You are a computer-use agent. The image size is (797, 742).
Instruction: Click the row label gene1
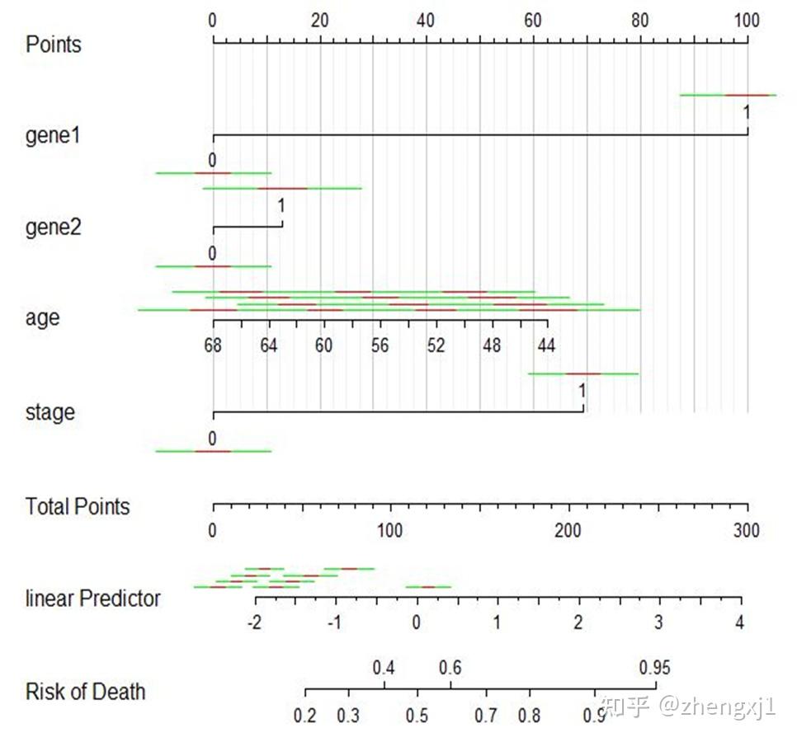pyautogui.click(x=54, y=135)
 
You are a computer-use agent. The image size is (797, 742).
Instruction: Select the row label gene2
pyautogui.click(x=54, y=227)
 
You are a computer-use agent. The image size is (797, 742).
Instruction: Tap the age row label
pyautogui.click(x=43, y=317)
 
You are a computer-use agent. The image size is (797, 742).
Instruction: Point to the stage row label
pyautogui.click(x=50, y=412)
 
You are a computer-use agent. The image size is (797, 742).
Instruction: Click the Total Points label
pyautogui.click(x=78, y=506)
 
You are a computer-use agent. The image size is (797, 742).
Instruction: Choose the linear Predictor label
pyautogui.click(x=92, y=599)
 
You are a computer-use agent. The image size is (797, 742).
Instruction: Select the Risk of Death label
pyautogui.click(x=85, y=691)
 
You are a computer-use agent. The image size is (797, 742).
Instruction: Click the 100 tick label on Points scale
pyautogui.click(x=747, y=21)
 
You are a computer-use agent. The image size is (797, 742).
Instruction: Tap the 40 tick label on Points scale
pyautogui.click(x=427, y=21)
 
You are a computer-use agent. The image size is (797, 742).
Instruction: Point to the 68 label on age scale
pyautogui.click(x=212, y=345)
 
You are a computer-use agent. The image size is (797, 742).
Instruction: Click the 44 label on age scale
pyautogui.click(x=546, y=345)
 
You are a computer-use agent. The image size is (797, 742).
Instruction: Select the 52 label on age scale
pyautogui.click(x=436, y=345)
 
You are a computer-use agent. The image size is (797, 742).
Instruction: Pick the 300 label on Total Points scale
pyautogui.click(x=747, y=529)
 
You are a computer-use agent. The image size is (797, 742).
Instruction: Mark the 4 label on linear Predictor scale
pyautogui.click(x=740, y=622)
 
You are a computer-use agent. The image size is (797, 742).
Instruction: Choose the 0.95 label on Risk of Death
pyautogui.click(x=655, y=667)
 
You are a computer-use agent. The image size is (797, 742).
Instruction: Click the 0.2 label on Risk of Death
pyautogui.click(x=305, y=714)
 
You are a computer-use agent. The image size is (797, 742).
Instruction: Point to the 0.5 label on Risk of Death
pyautogui.click(x=417, y=714)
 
